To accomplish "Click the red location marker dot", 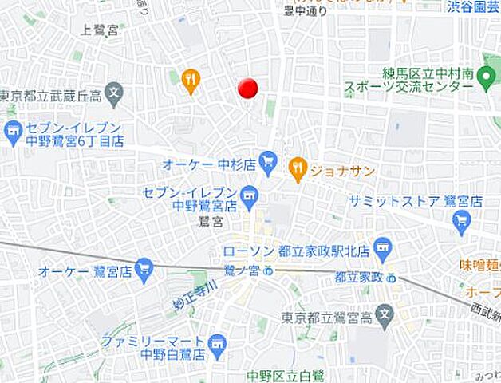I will tap(249, 88).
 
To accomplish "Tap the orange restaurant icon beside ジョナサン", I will tap(298, 168).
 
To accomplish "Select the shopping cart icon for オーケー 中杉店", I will tap(268, 161).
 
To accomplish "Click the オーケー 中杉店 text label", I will tap(207, 164).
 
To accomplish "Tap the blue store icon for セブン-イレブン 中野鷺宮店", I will tap(250, 194).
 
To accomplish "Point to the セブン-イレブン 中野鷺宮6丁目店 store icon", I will tap(13, 132).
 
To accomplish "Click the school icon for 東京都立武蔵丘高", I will tap(115, 93).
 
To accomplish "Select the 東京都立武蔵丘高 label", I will tap(52, 97).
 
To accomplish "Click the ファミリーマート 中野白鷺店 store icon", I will tap(217, 345).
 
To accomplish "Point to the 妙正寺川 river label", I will tap(195, 296).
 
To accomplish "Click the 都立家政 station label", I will tap(359, 277).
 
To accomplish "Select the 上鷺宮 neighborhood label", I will tap(100, 30).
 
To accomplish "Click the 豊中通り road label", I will tap(306, 10).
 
